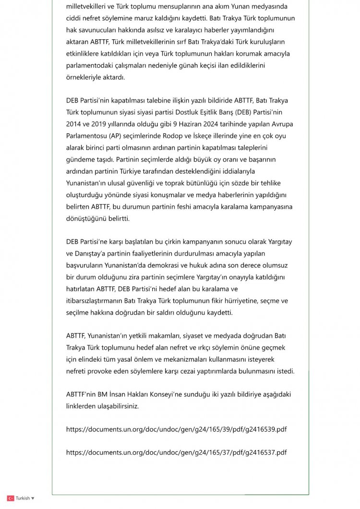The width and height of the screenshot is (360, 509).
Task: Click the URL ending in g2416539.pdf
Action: click(x=176, y=429)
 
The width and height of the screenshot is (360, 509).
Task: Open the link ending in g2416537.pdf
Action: click(x=176, y=452)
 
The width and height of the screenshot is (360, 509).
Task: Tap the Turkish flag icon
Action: click(x=10, y=498)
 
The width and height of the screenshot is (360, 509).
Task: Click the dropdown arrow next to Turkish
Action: click(x=33, y=498)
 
